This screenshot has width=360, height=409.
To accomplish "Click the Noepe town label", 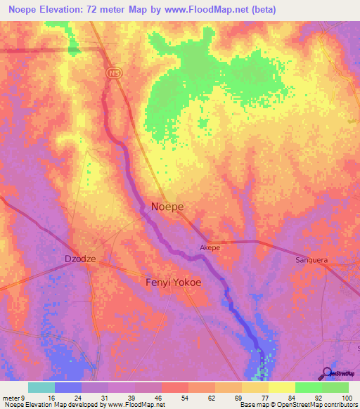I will coord(167,207).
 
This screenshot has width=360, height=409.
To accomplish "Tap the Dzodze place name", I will coord(79,258).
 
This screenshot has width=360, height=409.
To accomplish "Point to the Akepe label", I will coord(210,248).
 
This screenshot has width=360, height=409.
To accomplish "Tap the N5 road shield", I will coord(114,72).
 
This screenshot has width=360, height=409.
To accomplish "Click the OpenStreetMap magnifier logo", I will coord(326,374).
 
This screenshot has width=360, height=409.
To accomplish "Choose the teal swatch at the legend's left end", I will coord(41,387).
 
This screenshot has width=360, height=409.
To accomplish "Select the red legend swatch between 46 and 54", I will coord(174,387).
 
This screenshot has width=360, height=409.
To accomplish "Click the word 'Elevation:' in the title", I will coord(72,10).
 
